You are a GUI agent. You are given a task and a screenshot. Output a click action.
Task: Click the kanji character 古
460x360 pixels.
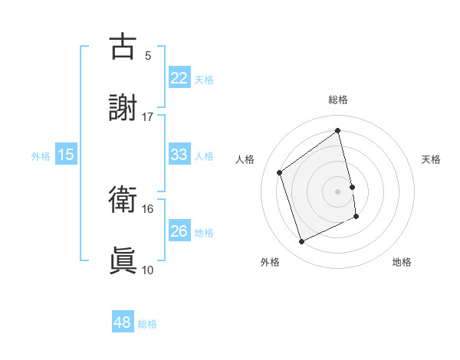point(123,47)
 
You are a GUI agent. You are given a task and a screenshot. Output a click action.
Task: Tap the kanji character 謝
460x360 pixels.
point(123,108)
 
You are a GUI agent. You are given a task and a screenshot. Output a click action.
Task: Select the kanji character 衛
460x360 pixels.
point(123,200)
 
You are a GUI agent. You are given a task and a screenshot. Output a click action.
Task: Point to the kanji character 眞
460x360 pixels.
point(123,261)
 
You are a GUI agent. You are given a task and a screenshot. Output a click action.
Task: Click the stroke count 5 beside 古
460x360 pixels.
point(148,55)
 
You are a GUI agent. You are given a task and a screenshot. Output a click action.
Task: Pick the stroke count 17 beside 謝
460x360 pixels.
point(148,116)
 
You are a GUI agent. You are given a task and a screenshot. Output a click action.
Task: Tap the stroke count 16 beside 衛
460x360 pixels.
point(148,208)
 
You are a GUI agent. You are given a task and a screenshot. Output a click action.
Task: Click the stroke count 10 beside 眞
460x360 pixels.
point(148,270)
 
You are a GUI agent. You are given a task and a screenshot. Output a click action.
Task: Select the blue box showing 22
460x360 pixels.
point(179,78)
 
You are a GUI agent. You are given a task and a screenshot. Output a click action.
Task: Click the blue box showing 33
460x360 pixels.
point(179,155)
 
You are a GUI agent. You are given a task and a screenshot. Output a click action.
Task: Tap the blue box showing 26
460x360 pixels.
point(179,231)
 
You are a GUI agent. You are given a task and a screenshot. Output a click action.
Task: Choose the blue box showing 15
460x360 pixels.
point(66,155)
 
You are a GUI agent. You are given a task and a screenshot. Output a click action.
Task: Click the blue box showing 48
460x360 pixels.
point(123,322)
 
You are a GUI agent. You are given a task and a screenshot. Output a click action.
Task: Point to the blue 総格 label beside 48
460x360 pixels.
point(147,324)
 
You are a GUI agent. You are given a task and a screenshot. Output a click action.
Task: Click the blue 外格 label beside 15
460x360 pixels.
point(41,156)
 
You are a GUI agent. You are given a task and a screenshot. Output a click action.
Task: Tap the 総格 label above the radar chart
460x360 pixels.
point(338,100)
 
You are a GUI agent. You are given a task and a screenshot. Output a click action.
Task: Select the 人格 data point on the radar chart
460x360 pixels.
point(280,172)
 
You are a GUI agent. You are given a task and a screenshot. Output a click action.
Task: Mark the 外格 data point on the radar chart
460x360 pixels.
point(301,242)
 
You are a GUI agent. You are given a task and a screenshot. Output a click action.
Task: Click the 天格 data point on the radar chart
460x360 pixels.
point(352,186)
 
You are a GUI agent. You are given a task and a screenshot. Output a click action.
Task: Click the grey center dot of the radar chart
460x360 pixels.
point(338,191)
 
